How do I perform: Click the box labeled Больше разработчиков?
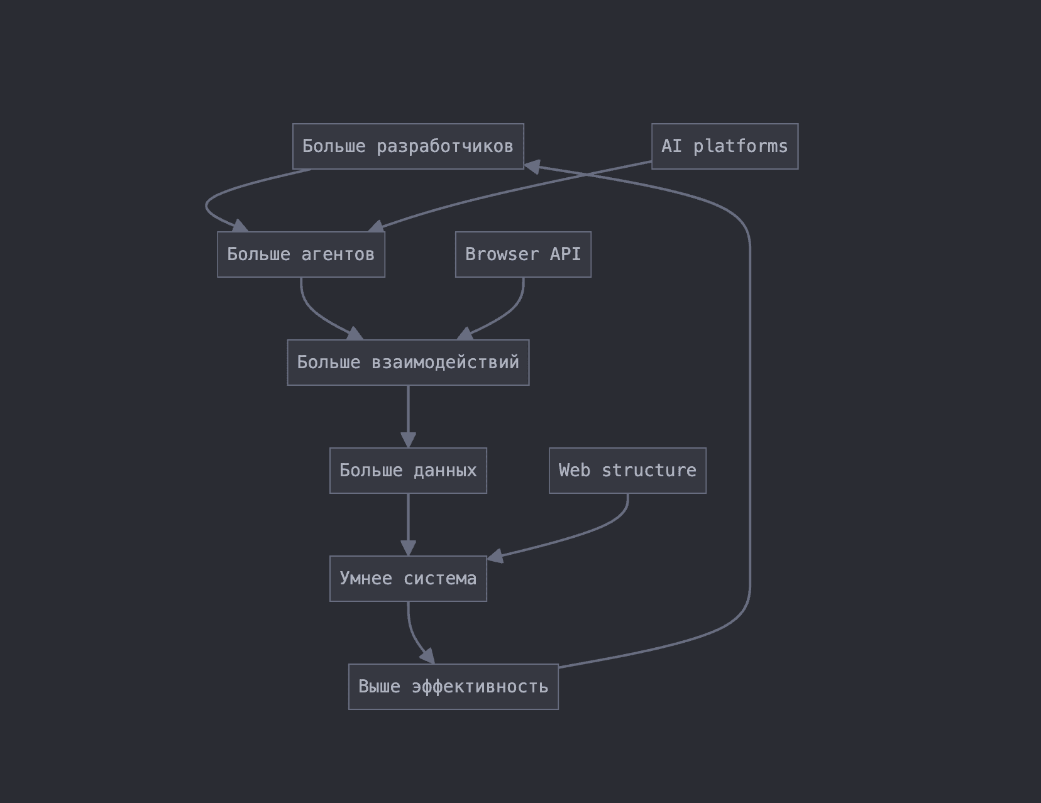tap(408, 146)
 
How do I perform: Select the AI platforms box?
tap(725, 146)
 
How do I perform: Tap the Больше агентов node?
tap(301, 254)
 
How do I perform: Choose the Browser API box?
tap(523, 254)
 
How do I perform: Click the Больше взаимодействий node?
tap(408, 363)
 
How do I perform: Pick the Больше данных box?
tap(408, 471)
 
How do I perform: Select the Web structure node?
tap(627, 471)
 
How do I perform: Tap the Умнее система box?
tap(408, 579)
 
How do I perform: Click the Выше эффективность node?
tap(453, 687)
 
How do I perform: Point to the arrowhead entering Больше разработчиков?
tap(532, 167)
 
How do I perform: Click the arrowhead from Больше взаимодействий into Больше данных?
tap(408, 440)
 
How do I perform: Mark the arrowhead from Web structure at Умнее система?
tap(495, 557)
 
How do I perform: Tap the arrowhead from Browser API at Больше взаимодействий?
tap(465, 333)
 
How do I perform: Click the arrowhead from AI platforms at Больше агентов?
tap(377, 226)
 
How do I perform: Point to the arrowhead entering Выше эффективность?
tap(428, 656)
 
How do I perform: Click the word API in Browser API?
tap(565, 254)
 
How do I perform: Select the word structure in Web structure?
tap(649, 471)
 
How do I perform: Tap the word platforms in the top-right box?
tap(741, 146)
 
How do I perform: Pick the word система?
tap(440, 579)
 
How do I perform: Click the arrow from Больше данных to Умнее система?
tap(408, 525)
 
